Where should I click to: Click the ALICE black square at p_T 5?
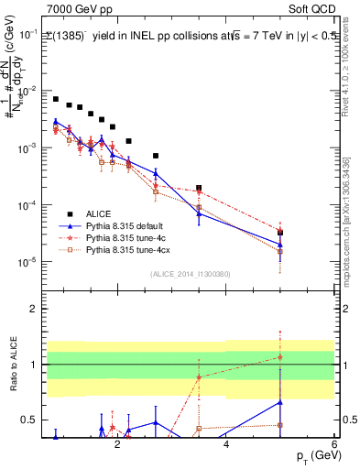(x=280, y=233)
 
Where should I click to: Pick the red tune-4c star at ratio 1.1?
(x=280, y=357)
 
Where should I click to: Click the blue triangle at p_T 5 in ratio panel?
(x=280, y=402)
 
